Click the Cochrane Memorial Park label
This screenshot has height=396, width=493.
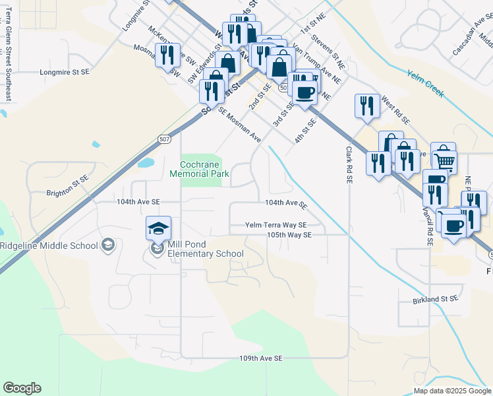204,169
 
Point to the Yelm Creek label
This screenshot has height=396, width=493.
424,84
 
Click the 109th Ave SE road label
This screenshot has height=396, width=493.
260,358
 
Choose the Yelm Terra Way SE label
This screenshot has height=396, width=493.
276,224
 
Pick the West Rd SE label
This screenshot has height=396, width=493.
395,112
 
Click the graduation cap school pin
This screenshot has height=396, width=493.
158,228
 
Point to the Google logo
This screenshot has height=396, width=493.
22,388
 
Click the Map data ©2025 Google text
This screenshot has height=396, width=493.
451,390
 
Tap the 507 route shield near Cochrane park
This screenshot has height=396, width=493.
164,139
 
